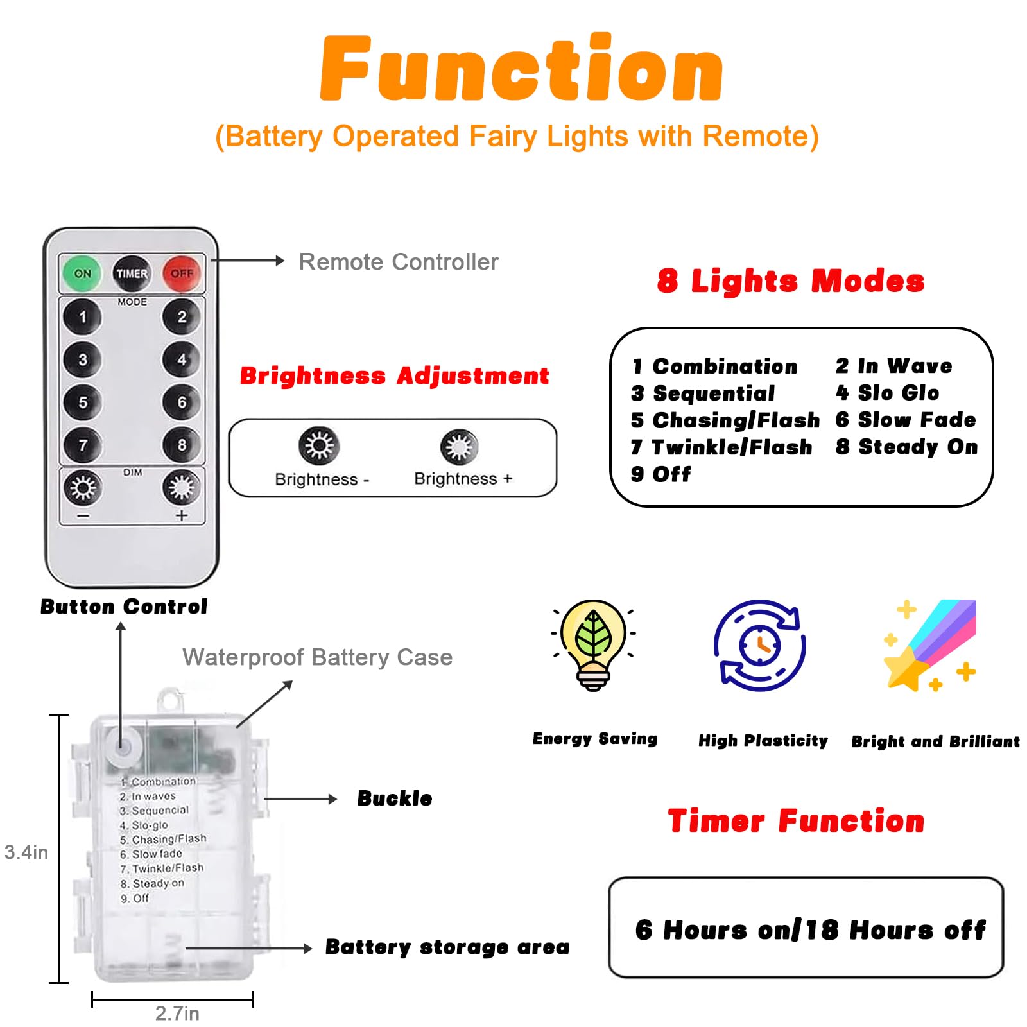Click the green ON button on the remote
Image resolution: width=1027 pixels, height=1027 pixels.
(82, 273)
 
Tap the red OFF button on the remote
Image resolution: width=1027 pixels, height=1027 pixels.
(182, 273)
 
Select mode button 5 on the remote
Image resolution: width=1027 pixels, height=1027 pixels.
(82, 402)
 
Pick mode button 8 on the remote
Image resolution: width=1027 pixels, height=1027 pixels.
(182, 445)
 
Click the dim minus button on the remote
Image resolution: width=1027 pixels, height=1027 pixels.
(82, 488)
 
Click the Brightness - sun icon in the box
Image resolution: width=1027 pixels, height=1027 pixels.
(319, 445)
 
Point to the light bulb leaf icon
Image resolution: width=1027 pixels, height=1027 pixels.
(594, 644)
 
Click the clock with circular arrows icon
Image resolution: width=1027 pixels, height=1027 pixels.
(760, 645)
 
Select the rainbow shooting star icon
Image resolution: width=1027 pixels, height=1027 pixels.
(930, 645)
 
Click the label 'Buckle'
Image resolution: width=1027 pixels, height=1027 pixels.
(395, 798)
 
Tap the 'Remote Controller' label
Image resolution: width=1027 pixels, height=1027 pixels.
(399, 262)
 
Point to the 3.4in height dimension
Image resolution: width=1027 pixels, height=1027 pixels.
(26, 852)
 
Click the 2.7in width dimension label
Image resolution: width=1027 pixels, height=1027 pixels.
(177, 1014)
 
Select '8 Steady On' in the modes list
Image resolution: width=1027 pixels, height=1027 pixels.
(906, 447)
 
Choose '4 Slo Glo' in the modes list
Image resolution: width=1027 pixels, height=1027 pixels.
(887, 393)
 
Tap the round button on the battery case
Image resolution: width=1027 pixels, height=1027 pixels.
(122, 747)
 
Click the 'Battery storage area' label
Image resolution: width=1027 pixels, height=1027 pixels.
(447, 947)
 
